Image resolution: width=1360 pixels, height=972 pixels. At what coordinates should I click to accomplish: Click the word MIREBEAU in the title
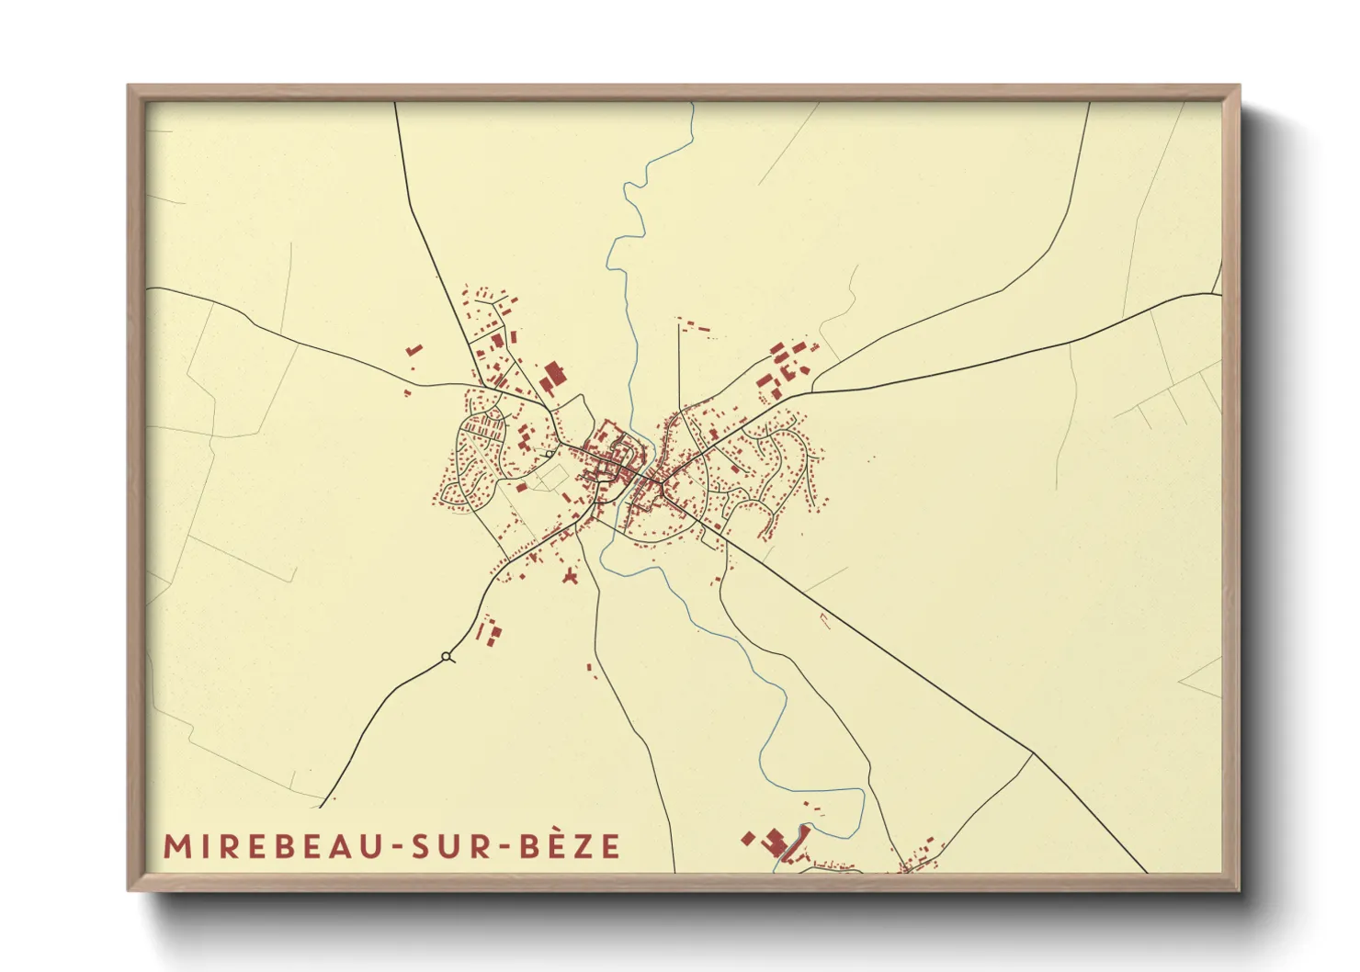273,846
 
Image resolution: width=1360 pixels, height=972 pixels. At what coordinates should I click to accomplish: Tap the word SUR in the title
455,846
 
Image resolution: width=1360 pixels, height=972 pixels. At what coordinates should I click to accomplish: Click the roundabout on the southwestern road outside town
447,656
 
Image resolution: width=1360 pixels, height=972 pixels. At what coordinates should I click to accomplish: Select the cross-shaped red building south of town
571,577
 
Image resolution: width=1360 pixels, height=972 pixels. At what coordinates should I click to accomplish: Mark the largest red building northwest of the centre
552,377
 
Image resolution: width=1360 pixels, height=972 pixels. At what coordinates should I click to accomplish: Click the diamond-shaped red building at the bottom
748,838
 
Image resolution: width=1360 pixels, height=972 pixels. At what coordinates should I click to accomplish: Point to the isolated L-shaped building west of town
414,350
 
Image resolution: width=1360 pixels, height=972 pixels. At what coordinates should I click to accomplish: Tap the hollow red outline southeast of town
824,620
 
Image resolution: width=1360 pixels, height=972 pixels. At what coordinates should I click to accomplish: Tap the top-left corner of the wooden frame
130,88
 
